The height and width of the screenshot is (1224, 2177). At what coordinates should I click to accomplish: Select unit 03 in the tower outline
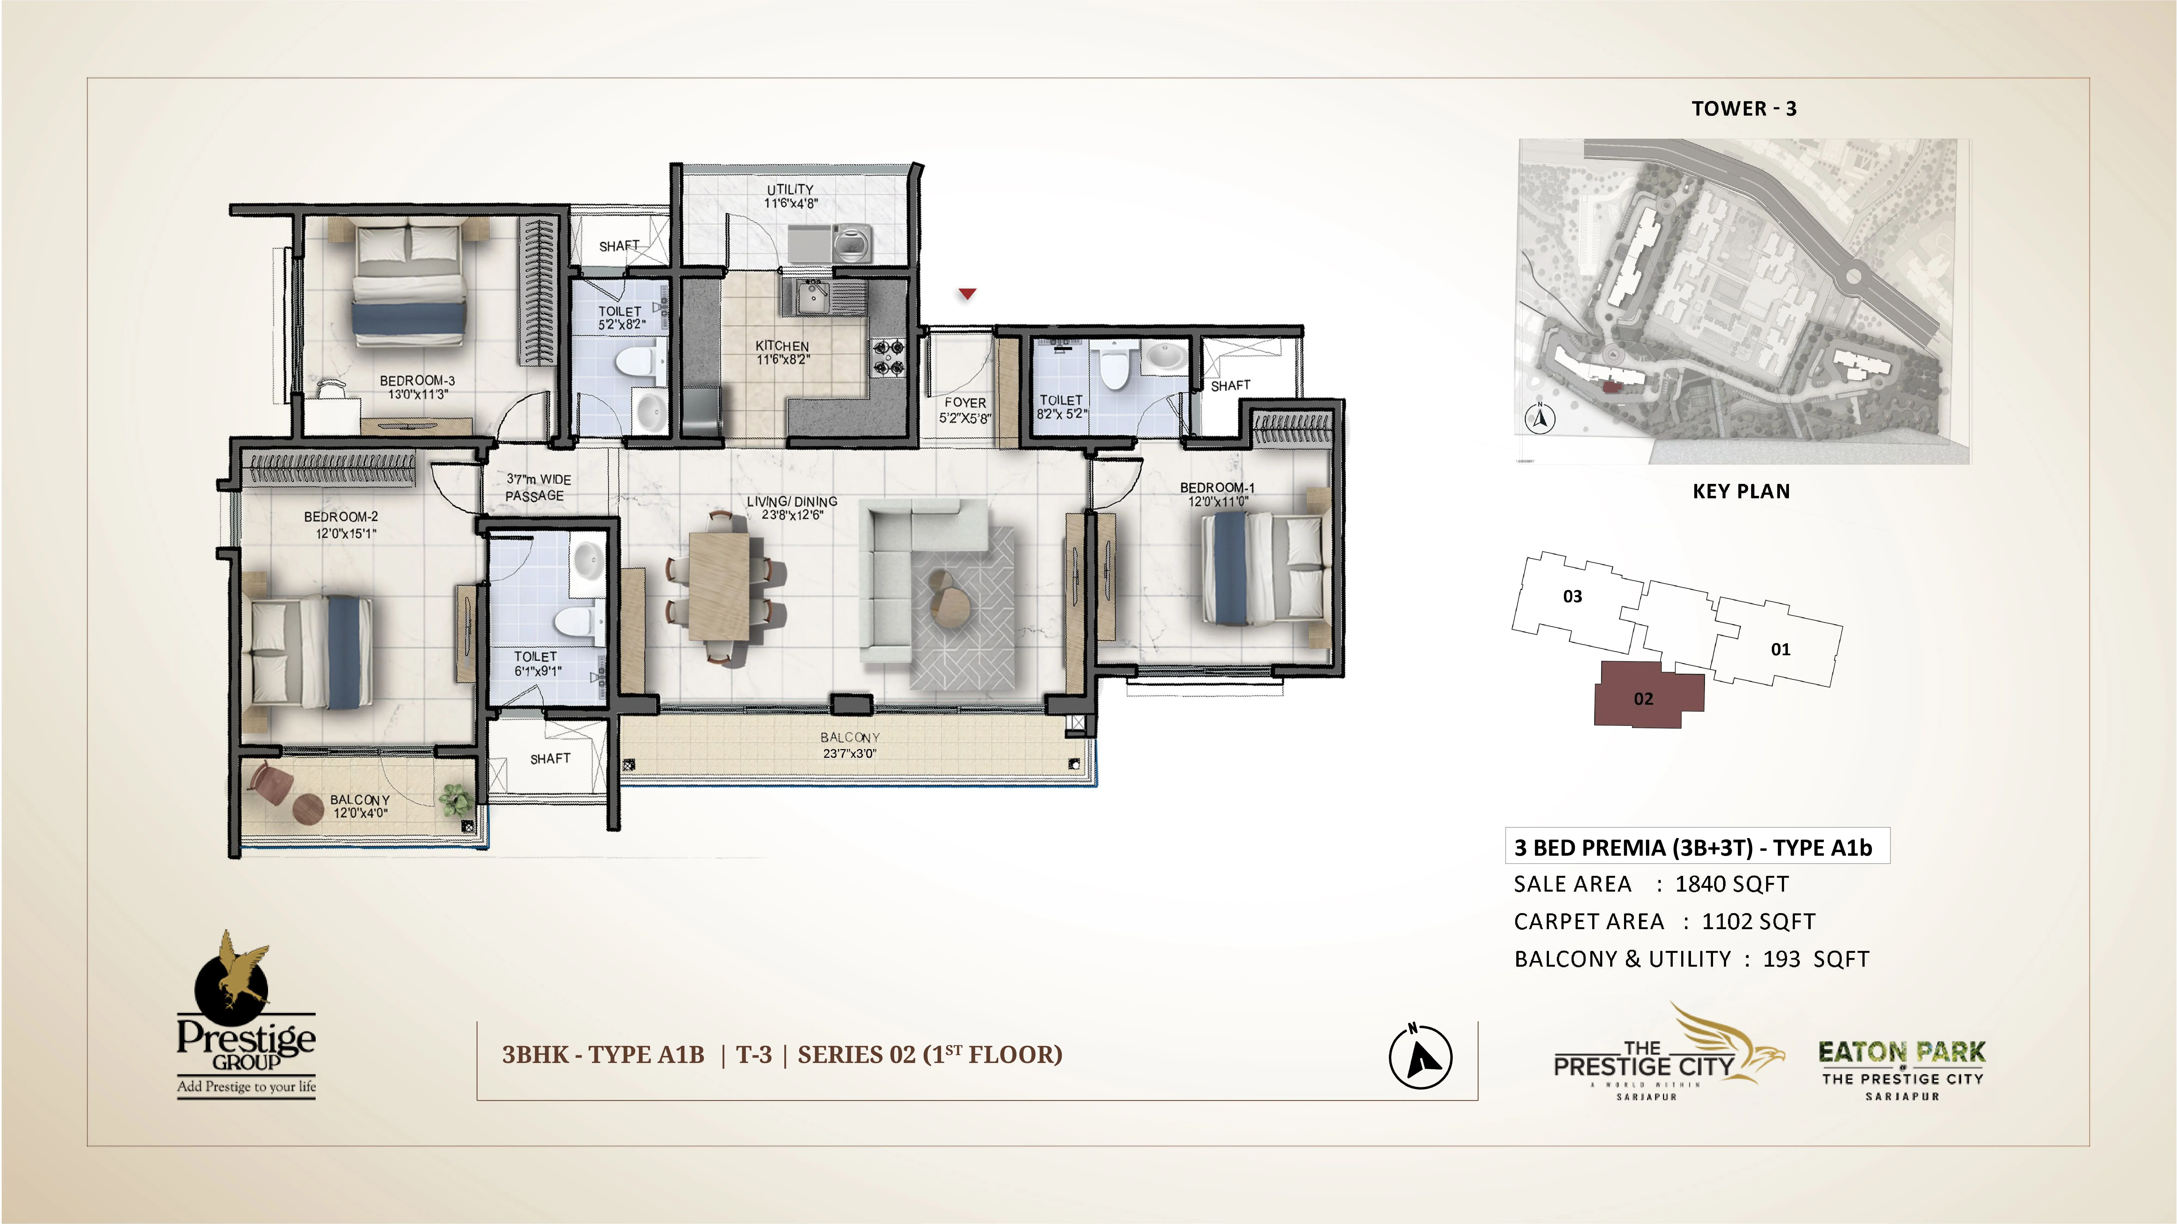pyautogui.click(x=1572, y=596)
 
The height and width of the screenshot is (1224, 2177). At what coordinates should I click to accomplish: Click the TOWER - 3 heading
pyautogui.click(x=1744, y=108)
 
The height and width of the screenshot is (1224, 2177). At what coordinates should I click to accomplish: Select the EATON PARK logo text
pyautogui.click(x=1902, y=1053)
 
